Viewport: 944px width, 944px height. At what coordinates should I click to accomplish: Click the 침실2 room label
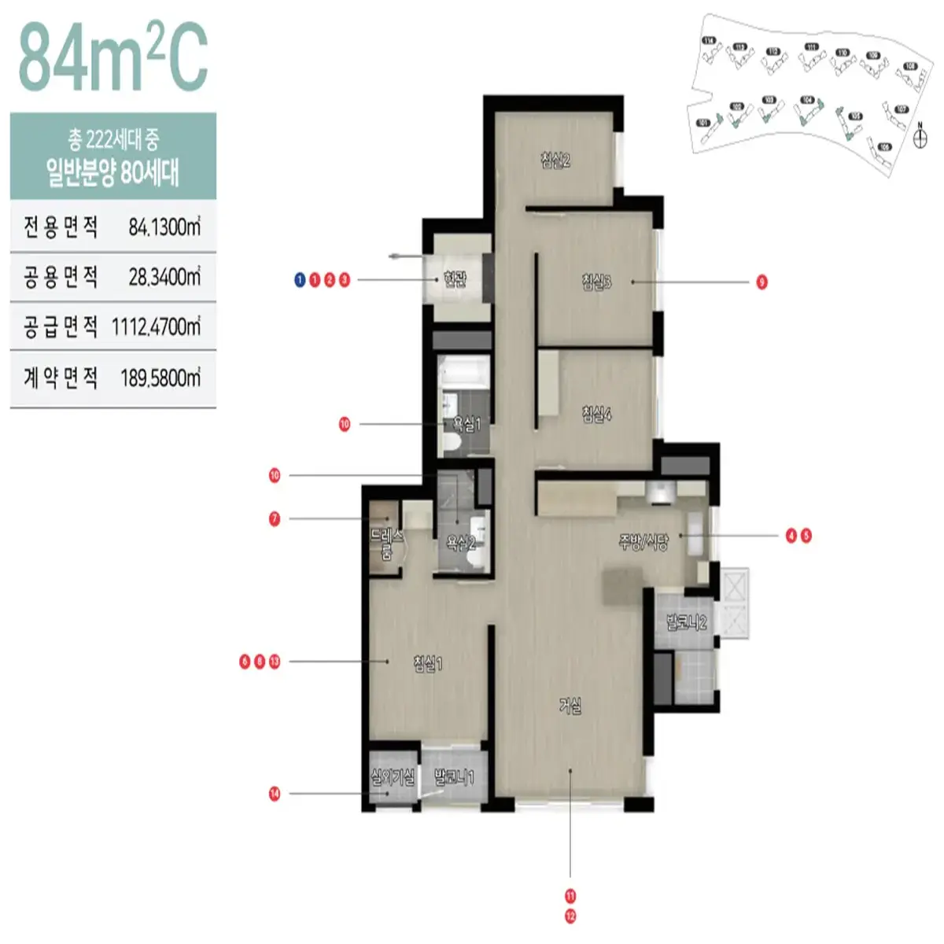pos(555,160)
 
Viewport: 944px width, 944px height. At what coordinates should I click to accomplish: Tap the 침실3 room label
pos(597,281)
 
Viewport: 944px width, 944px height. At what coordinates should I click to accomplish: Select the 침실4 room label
pos(597,413)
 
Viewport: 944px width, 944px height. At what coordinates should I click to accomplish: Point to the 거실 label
pos(570,706)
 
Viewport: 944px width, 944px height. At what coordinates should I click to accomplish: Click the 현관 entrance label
pos(455,279)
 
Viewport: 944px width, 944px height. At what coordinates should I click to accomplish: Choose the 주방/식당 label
pos(643,541)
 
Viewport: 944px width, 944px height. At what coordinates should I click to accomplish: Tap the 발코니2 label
pos(687,623)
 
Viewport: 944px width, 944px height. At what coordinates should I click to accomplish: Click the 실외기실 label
pos(393,778)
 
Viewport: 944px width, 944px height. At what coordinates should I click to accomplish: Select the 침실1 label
pos(428,664)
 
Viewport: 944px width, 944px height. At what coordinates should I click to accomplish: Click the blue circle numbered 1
pos(300,280)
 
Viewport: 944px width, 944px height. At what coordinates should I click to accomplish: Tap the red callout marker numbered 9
pos(761,282)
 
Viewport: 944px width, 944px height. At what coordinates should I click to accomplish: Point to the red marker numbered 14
pos(275,794)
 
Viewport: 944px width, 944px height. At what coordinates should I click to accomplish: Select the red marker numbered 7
pos(275,519)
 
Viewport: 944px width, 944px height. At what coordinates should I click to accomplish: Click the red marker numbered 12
pos(570,916)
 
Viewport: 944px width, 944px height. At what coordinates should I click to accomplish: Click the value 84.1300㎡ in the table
pos(164,227)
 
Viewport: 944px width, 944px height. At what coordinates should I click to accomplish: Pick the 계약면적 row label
pos(61,378)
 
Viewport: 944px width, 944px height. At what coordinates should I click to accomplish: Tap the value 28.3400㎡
pos(164,277)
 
